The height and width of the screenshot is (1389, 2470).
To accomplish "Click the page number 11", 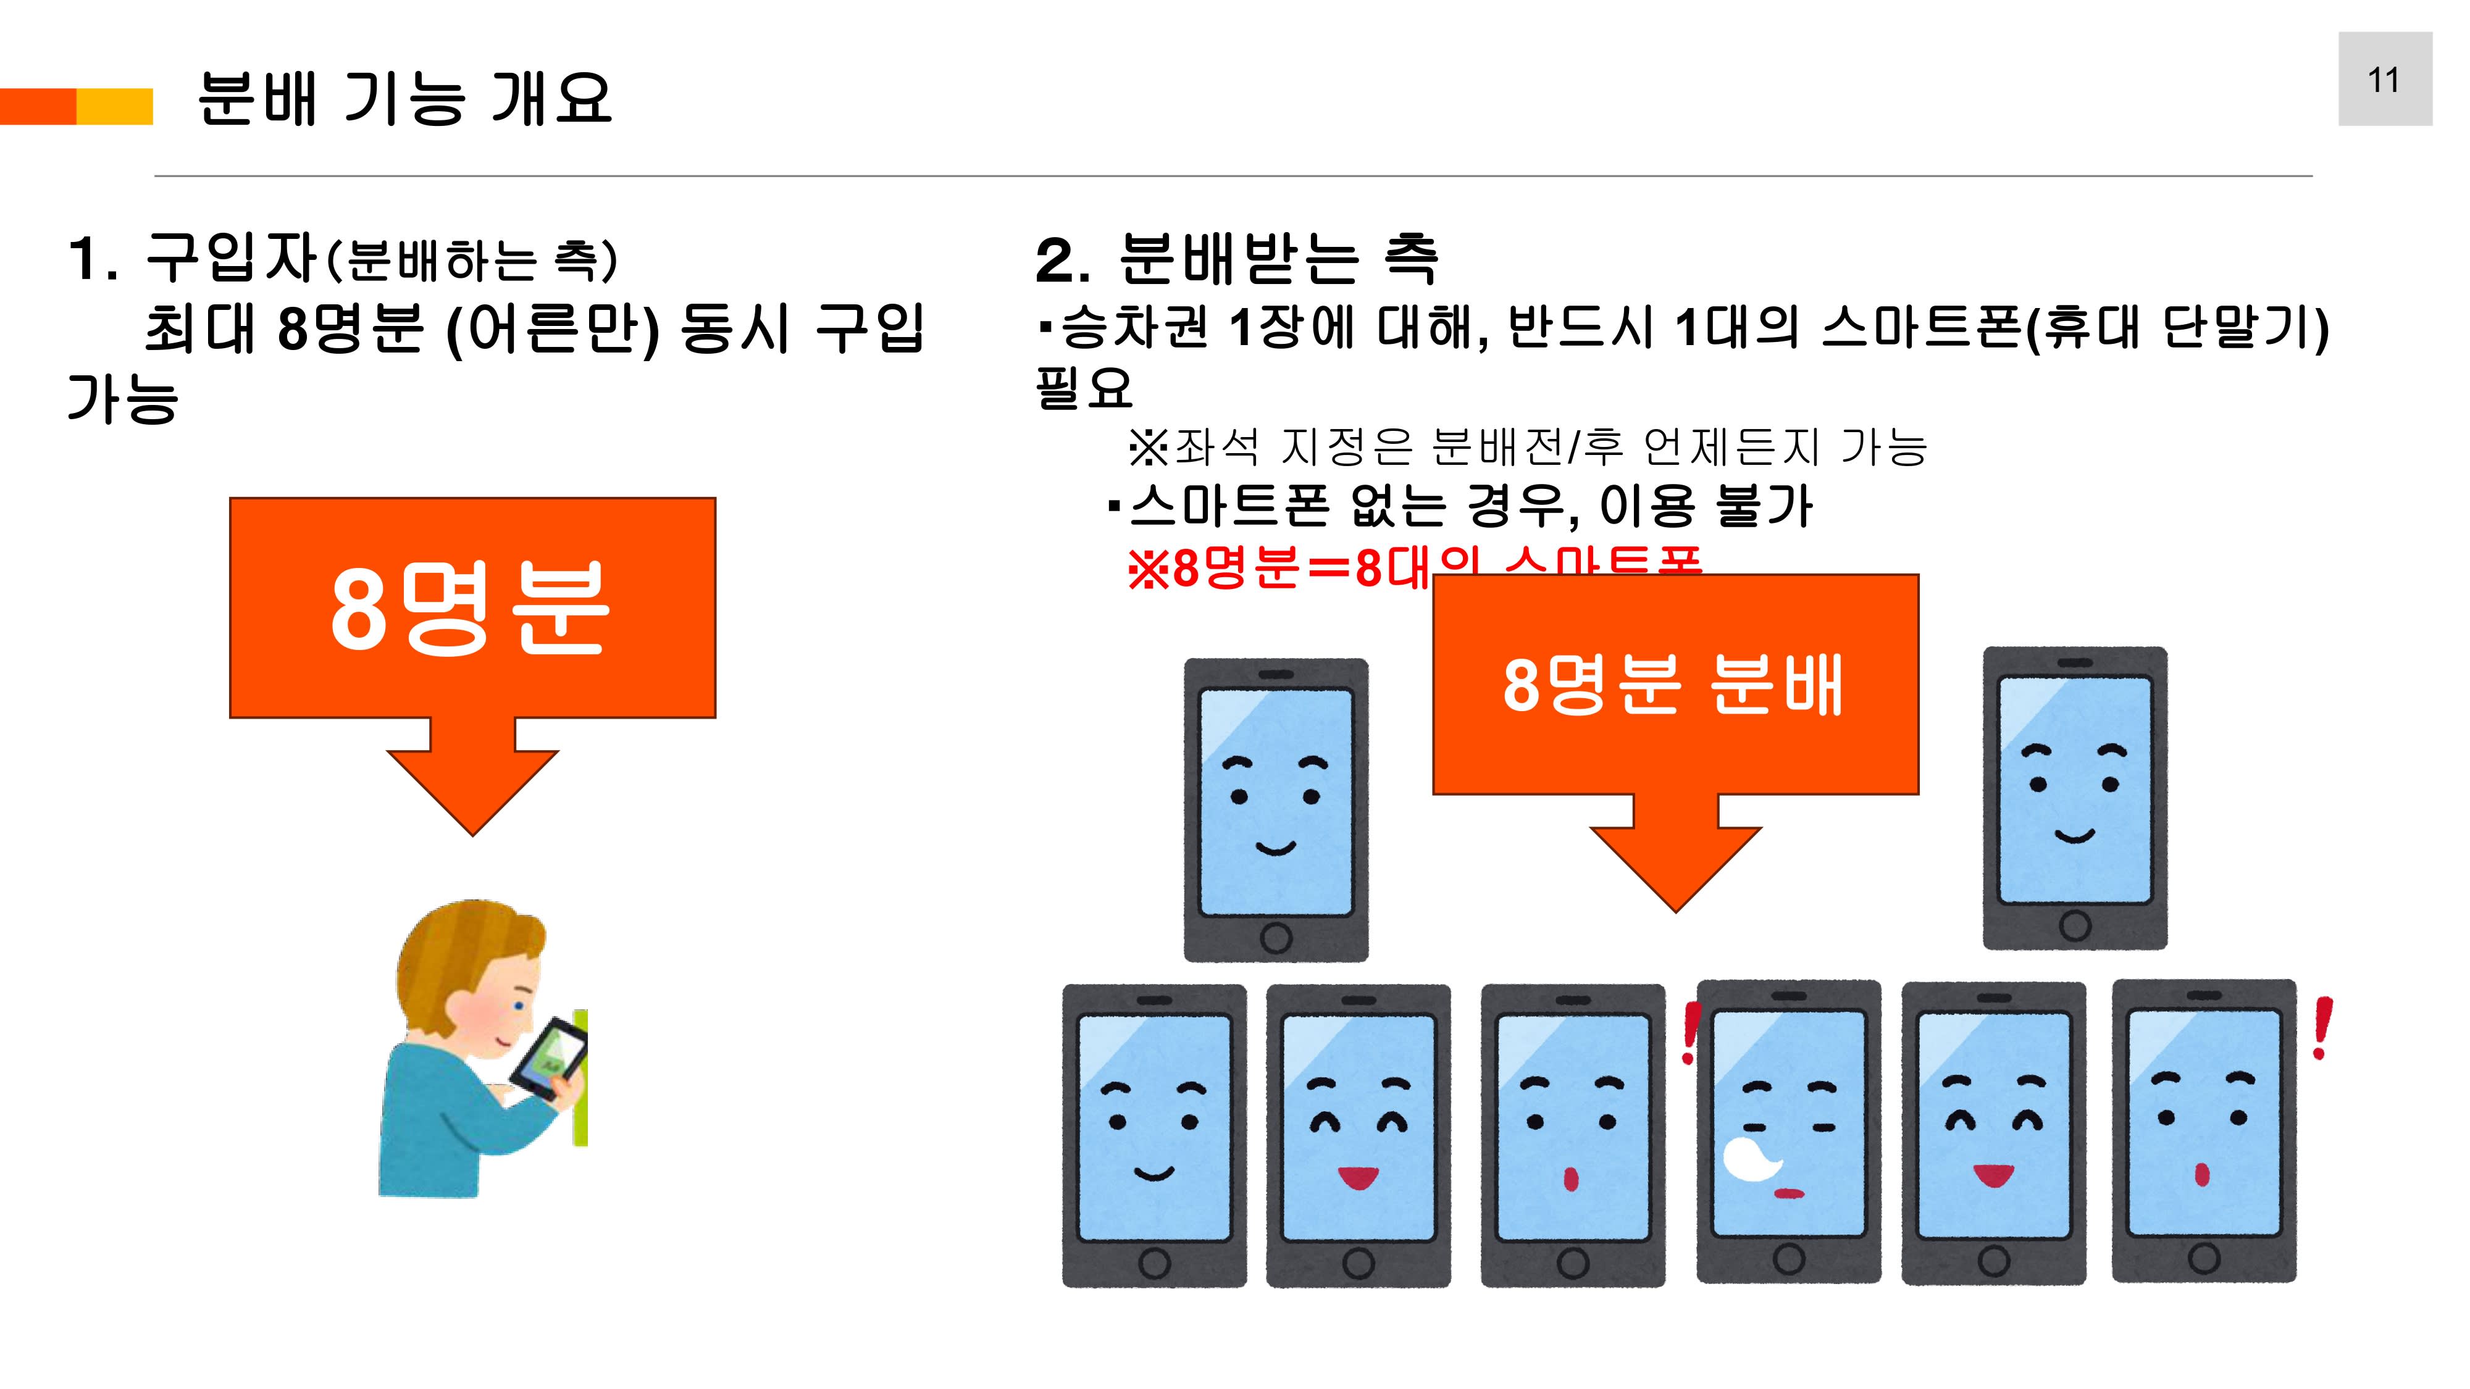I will pos(2384,80).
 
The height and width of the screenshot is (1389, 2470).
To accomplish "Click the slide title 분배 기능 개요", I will pos(404,99).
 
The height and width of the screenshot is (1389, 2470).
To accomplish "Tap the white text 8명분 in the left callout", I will pos(470,609).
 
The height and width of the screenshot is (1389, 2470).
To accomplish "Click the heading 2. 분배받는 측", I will pos(1237,260).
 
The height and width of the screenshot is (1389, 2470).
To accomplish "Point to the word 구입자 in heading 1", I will pos(231,258).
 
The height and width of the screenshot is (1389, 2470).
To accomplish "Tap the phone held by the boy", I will pos(546,1059).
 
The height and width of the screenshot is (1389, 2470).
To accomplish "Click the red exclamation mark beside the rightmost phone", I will pos(2321,1028).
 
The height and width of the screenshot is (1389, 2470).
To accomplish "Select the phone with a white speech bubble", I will pos(1788,1131).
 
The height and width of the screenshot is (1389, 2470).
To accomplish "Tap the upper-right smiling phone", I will pos(2074,798).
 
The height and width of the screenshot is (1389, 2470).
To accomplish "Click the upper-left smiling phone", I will pos(1275,810).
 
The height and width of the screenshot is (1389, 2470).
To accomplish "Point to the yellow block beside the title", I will pos(114,106).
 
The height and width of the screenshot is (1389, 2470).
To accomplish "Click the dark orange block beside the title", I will pos(38,106).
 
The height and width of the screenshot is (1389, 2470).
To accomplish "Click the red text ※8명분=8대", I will pos(1275,569).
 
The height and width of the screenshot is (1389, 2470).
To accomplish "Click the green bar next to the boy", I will pos(580,1078).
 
